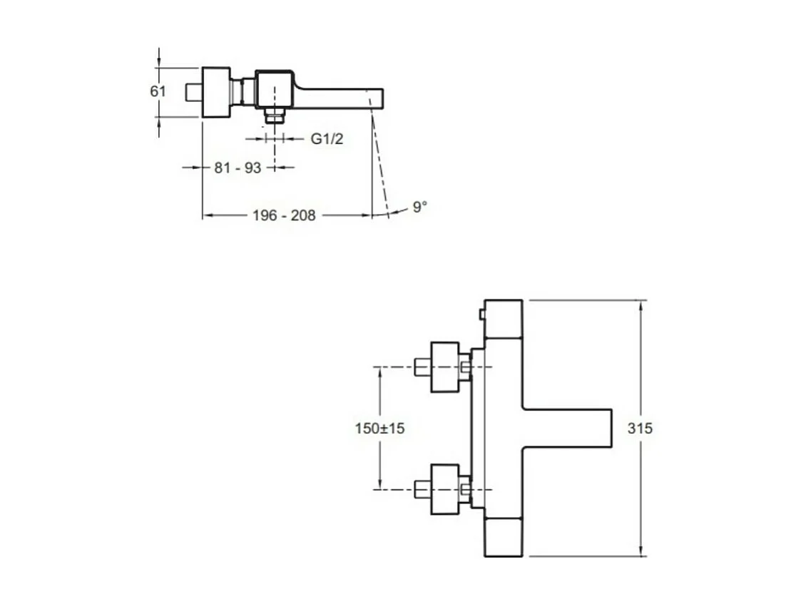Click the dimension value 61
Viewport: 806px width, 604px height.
(158, 91)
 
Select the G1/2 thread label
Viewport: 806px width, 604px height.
(327, 139)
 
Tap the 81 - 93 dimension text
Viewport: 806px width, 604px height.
(238, 168)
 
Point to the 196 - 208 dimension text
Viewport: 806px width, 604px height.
(284, 215)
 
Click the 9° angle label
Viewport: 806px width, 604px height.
(420, 208)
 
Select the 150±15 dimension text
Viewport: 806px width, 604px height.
(379, 429)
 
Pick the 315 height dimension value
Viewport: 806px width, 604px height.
(640, 429)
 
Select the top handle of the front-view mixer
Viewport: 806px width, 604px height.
(504, 317)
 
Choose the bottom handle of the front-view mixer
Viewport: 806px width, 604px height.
(504, 538)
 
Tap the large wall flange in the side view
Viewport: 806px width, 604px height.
(216, 92)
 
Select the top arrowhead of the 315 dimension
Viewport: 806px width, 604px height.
(643, 305)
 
